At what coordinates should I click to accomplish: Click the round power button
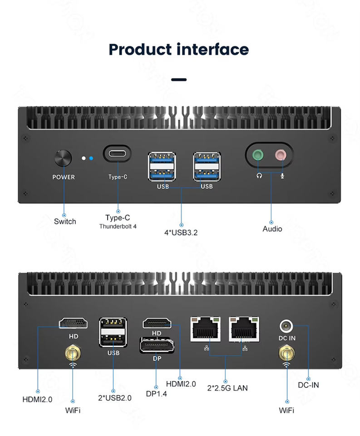click(63, 158)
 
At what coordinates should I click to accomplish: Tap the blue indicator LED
click(91, 158)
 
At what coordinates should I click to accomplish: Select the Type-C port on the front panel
click(117, 154)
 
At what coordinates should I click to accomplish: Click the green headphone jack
click(258, 154)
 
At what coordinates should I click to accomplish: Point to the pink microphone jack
click(281, 154)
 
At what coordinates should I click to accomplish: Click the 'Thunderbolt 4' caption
click(118, 226)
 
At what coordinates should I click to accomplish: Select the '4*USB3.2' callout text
click(181, 233)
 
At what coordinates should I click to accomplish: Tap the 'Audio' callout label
click(272, 229)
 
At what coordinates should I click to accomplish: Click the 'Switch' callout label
click(65, 222)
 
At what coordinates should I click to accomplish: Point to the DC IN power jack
click(286, 326)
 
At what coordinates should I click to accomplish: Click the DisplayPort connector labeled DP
click(157, 345)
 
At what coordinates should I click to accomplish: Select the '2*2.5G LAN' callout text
click(227, 388)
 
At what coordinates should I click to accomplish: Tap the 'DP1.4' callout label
click(157, 394)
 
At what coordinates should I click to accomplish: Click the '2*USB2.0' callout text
click(115, 398)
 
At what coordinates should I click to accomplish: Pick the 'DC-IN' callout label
click(308, 385)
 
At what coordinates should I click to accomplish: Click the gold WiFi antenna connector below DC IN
click(286, 353)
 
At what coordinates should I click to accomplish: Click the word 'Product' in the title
click(140, 50)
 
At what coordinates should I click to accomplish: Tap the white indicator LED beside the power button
click(84, 158)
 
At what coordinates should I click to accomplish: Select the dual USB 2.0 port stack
click(113, 332)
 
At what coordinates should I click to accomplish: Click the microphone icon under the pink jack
click(282, 176)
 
